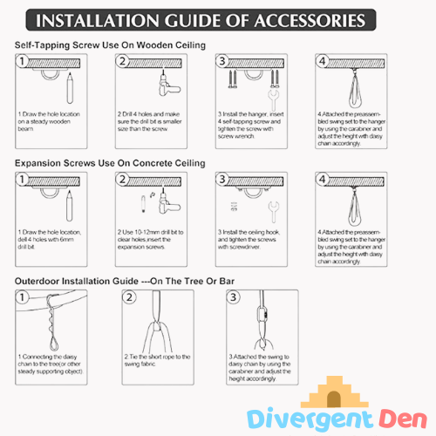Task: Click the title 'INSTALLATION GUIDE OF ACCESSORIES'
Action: tap(217, 20)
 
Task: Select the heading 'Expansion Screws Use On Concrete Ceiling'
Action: tap(110, 163)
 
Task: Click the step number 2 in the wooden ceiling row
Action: tap(124, 62)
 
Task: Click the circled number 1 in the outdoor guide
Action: tap(25, 297)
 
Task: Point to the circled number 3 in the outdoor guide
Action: tap(233, 297)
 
